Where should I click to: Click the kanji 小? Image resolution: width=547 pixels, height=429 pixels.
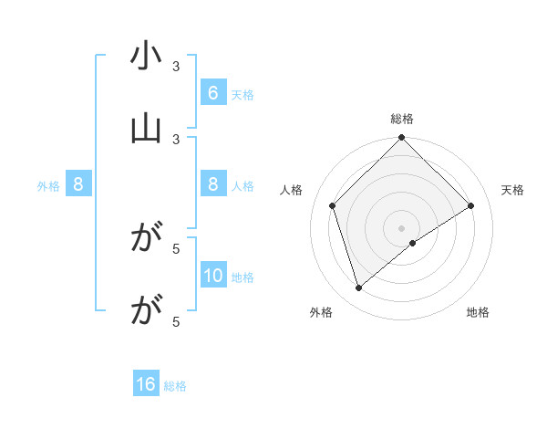click(x=146, y=58)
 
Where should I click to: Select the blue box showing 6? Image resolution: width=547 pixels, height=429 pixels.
click(x=212, y=93)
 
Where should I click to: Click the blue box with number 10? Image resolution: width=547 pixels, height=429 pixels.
click(x=212, y=277)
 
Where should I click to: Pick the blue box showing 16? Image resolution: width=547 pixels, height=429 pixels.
click(x=146, y=384)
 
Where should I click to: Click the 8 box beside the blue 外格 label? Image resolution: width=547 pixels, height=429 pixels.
click(x=78, y=185)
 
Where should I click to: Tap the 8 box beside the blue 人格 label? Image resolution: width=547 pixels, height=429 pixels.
click(x=212, y=185)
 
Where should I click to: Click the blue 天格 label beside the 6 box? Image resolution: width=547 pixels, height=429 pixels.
click(x=243, y=94)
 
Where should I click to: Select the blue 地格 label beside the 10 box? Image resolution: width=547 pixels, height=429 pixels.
click(x=243, y=277)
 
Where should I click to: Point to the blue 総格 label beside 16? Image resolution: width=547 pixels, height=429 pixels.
click(x=175, y=385)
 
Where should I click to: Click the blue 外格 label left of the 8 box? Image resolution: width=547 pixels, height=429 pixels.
click(x=48, y=186)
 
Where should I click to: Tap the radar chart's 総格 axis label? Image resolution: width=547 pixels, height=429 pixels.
click(x=402, y=119)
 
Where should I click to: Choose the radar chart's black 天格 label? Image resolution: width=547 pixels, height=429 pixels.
click(x=513, y=190)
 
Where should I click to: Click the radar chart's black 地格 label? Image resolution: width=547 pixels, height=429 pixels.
click(x=478, y=313)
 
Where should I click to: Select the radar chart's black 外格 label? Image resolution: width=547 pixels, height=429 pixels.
click(x=321, y=313)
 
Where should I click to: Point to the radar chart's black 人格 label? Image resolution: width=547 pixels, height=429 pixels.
click(x=292, y=190)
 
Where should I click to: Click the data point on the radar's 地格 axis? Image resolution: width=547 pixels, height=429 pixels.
click(x=413, y=243)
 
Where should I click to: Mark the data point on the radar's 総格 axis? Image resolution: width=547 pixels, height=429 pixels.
click(x=402, y=139)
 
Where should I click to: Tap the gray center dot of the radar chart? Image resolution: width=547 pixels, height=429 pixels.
click(x=402, y=227)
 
